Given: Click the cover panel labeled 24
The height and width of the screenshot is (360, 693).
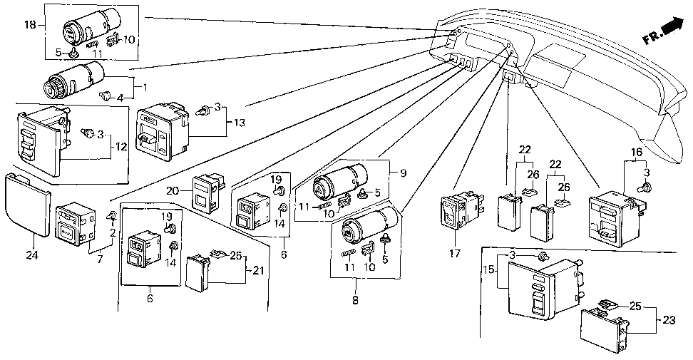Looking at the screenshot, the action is (x=26, y=205).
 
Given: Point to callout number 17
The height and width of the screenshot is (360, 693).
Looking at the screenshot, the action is (x=455, y=253).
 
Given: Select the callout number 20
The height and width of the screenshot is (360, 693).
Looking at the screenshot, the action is (x=173, y=191).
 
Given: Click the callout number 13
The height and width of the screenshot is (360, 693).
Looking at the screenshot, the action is (x=239, y=123).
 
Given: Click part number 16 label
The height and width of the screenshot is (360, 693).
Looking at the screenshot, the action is (x=636, y=153).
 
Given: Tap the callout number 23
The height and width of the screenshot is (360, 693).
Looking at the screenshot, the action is (x=669, y=320).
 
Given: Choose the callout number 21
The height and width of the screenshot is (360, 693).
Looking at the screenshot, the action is (x=258, y=270).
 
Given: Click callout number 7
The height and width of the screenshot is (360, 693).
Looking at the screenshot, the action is (x=100, y=259).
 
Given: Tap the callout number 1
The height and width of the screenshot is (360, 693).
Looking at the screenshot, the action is (x=145, y=87).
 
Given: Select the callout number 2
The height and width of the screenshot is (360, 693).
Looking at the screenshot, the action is (x=113, y=232).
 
